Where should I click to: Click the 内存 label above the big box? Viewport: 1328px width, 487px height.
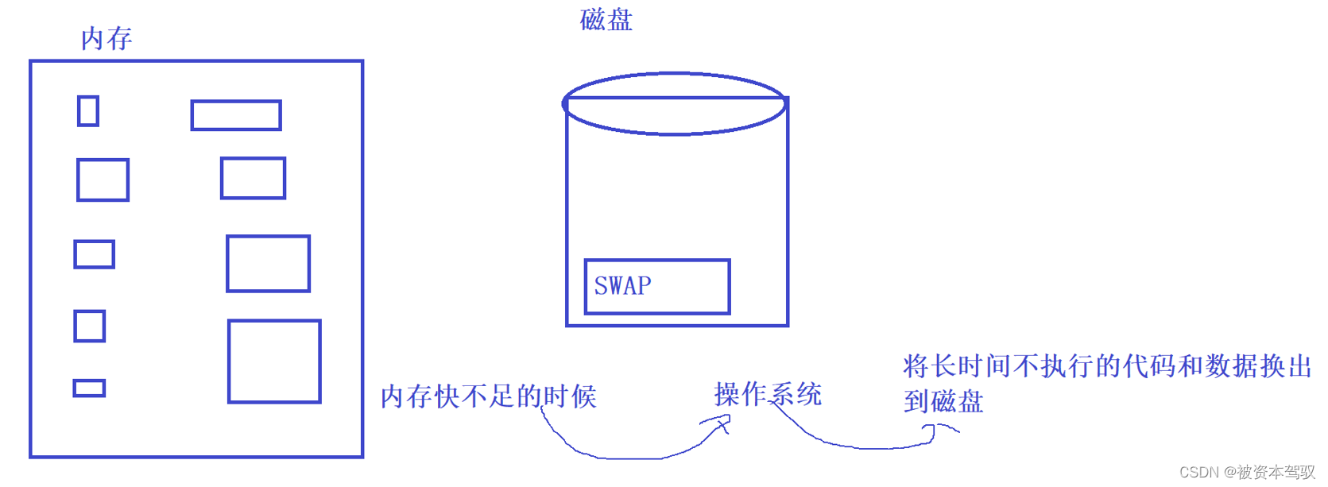click(x=106, y=38)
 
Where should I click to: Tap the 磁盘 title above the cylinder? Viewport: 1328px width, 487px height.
click(x=606, y=20)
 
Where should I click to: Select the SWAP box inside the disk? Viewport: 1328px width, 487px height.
click(x=656, y=286)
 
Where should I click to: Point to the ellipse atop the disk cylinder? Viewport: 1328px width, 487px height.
click(x=675, y=103)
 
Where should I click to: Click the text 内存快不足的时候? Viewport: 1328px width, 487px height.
click(x=488, y=396)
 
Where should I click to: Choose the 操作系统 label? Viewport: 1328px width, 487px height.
click(x=768, y=394)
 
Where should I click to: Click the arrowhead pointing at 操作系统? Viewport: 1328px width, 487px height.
click(x=722, y=424)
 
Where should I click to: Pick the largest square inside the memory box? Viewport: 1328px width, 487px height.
click(x=274, y=361)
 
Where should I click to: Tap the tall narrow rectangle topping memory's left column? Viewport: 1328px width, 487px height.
click(x=88, y=111)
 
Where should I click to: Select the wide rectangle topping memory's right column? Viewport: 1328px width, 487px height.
click(x=236, y=115)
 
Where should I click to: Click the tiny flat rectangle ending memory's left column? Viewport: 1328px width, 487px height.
click(x=89, y=388)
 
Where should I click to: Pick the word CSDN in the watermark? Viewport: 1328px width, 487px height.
click(x=1199, y=473)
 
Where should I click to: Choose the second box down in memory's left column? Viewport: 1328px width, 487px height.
click(x=103, y=180)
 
